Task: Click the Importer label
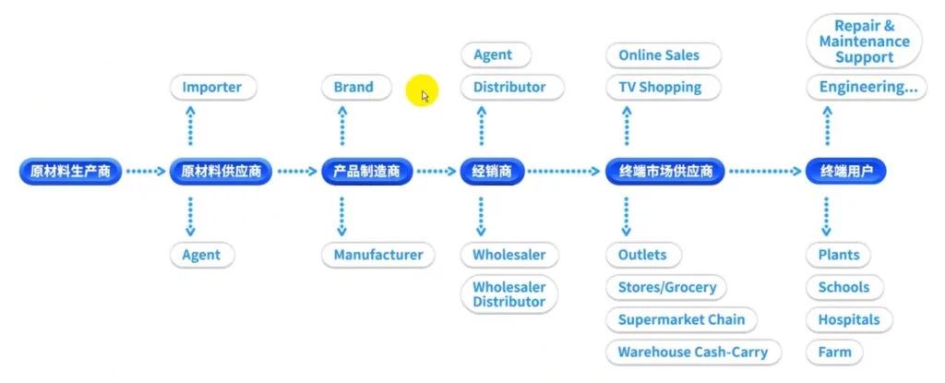click(x=211, y=88)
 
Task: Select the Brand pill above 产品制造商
click(x=353, y=88)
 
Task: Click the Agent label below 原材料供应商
click(x=201, y=255)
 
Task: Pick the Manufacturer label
click(x=378, y=255)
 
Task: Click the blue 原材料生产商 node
click(x=70, y=172)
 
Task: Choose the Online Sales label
click(x=659, y=55)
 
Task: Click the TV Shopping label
click(x=660, y=88)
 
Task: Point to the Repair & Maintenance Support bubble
click(x=865, y=42)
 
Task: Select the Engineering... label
click(x=864, y=88)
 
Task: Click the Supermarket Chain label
click(x=681, y=319)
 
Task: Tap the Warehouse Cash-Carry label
click(x=693, y=352)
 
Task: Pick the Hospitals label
click(x=849, y=319)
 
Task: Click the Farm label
click(x=834, y=352)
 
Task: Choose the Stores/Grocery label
click(x=666, y=287)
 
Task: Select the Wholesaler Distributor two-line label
click(x=508, y=294)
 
